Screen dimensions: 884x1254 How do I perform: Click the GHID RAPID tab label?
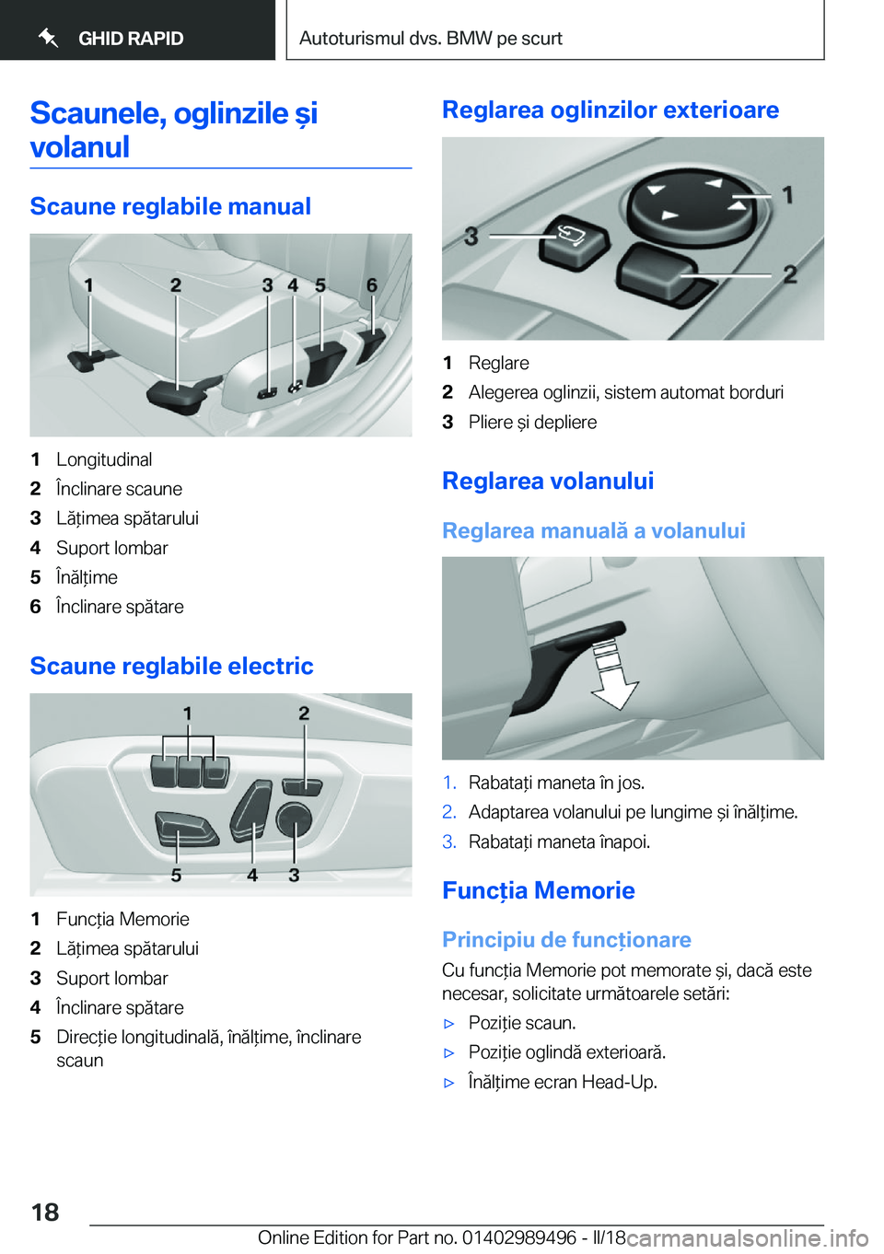pyautogui.click(x=131, y=38)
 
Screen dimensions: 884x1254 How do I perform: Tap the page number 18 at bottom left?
pyautogui.click(x=45, y=1212)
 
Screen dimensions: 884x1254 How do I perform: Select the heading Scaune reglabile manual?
pyautogui.click(x=170, y=206)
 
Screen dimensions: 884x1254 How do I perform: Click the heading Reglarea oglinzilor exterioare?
pyautogui.click(x=611, y=110)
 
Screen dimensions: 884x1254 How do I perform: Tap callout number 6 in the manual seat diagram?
pyautogui.click(x=372, y=285)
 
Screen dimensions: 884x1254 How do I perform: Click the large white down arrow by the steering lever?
pyautogui.click(x=615, y=677)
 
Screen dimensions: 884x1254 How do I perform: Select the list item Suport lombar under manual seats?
pyautogui.click(x=112, y=548)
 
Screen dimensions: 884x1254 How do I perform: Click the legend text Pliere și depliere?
pyautogui.click(x=532, y=422)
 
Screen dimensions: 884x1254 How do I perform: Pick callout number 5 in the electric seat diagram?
pyautogui.click(x=176, y=875)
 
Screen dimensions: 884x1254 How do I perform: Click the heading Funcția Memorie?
pyautogui.click(x=539, y=890)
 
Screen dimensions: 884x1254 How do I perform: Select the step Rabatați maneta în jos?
pyautogui.click(x=556, y=782)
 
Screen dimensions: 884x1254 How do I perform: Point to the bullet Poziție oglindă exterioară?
pyautogui.click(x=567, y=1051)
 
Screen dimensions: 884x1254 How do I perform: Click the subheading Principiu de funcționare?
pyautogui.click(x=566, y=939)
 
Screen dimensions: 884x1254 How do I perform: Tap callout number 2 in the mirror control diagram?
pyautogui.click(x=789, y=274)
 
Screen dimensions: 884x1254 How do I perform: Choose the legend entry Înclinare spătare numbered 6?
pyautogui.click(x=120, y=607)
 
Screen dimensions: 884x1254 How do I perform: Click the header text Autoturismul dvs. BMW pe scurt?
pyautogui.click(x=431, y=38)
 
